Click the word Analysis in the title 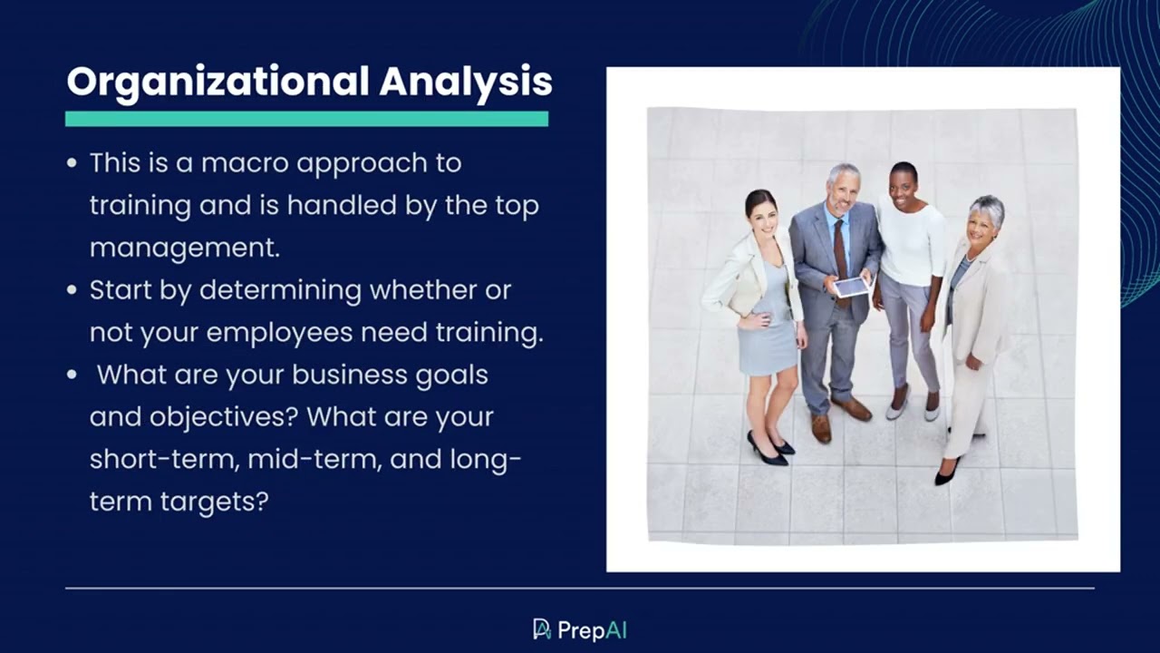[x=466, y=82]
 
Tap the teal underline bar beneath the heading [x=306, y=119]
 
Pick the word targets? [x=217, y=501]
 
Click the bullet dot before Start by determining [x=72, y=291]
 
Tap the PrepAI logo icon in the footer [x=542, y=629]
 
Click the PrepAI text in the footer [x=593, y=630]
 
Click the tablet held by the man [x=852, y=288]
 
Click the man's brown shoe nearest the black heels [x=821, y=427]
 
